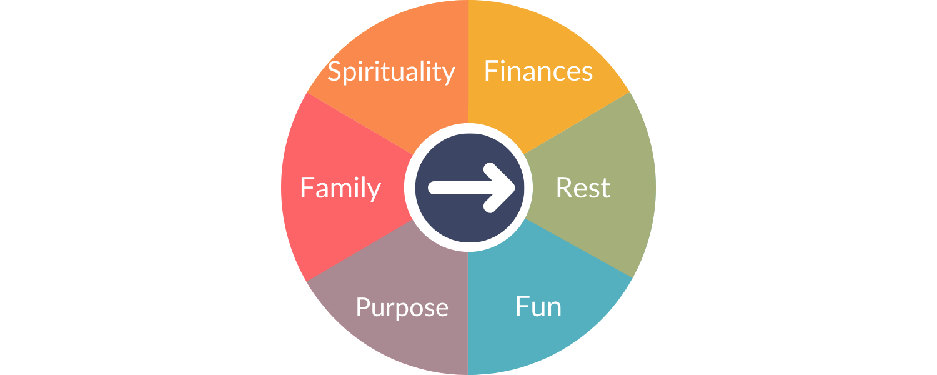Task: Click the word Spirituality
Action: point(391,72)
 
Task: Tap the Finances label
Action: point(538,71)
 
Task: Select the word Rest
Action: point(583,188)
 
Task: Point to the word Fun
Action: point(538,307)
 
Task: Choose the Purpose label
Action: point(402,307)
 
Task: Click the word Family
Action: point(340,188)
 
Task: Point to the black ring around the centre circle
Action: point(468,127)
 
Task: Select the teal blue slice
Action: point(550,337)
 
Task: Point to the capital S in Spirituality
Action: point(334,71)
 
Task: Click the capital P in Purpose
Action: point(362,307)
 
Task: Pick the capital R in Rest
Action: point(563,188)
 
